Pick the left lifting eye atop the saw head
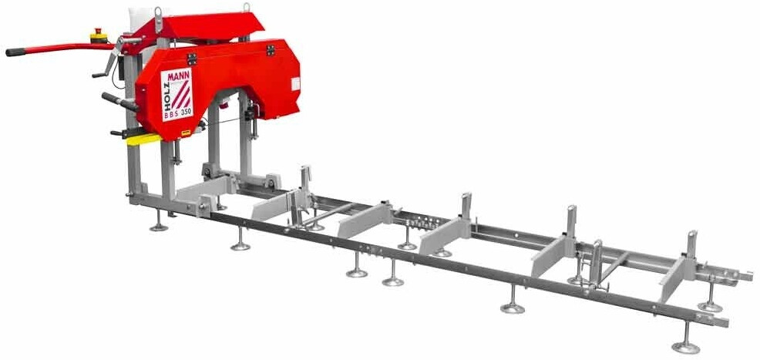[x=157, y=12]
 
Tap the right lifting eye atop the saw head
[x=247, y=8]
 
